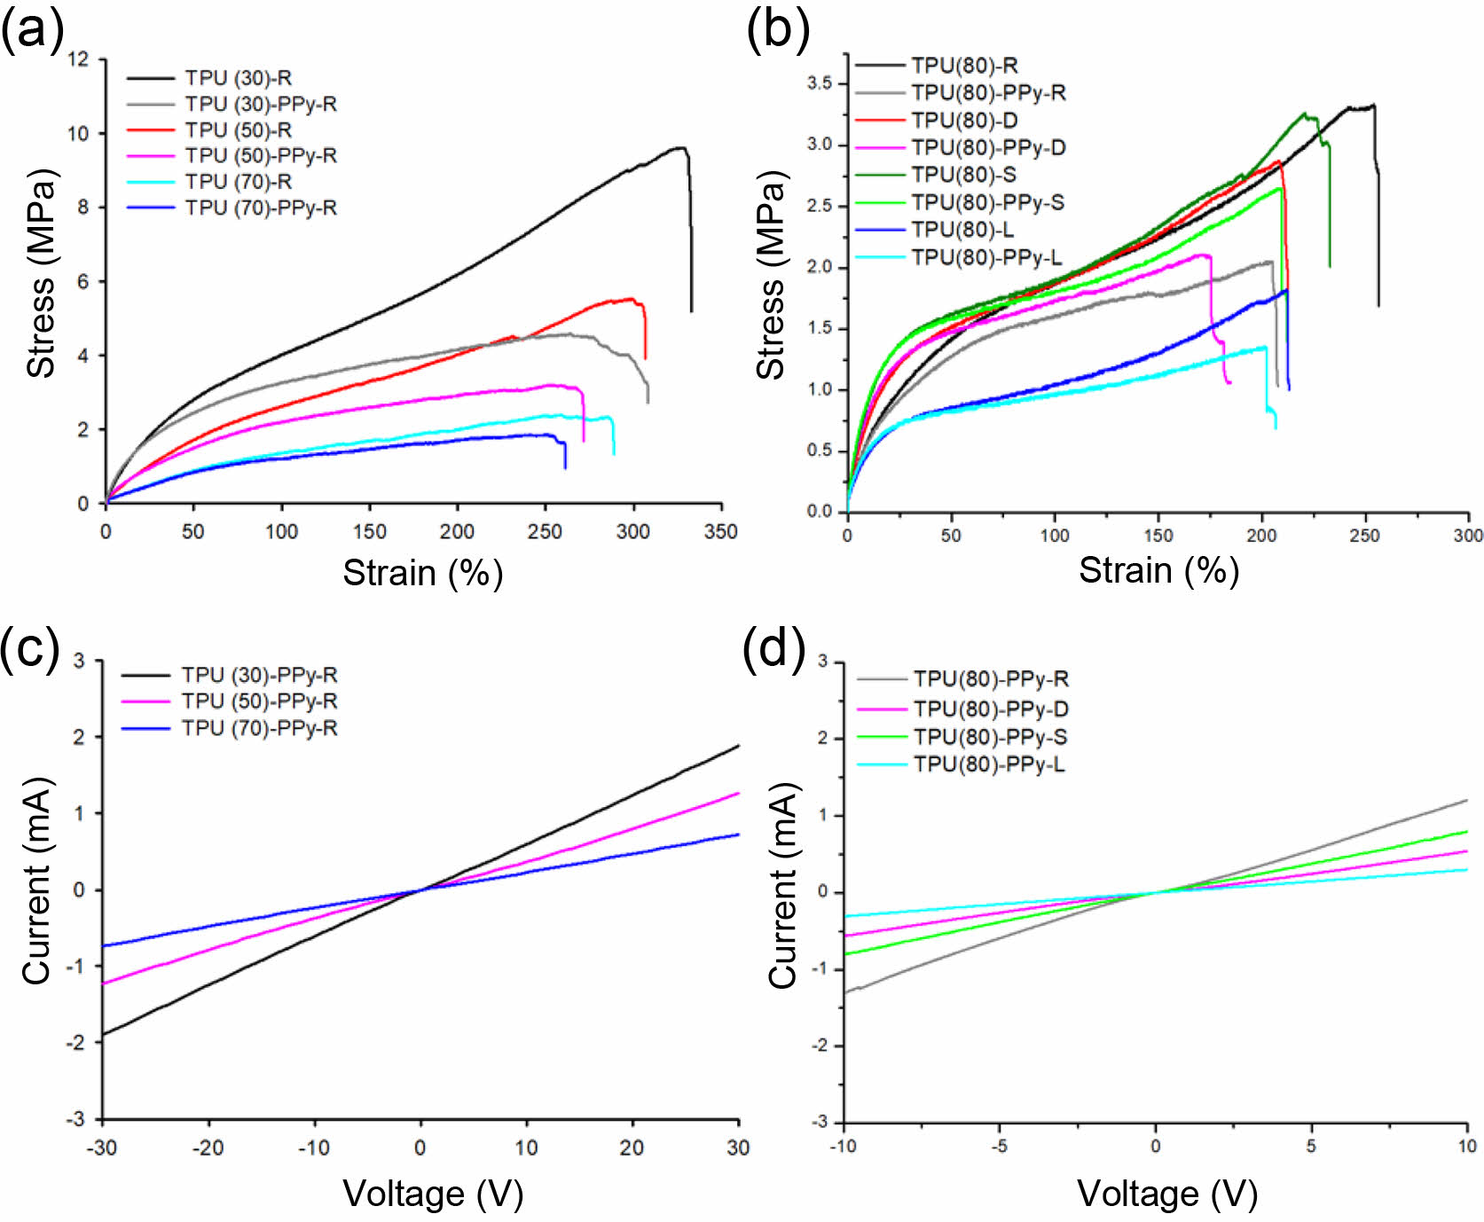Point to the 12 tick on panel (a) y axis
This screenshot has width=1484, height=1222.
(79, 59)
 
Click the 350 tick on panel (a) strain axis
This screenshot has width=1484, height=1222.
(720, 531)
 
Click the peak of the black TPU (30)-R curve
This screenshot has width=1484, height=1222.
(680, 148)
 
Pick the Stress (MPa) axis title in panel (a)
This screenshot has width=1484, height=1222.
(41, 273)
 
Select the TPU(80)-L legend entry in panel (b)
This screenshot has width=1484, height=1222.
(962, 230)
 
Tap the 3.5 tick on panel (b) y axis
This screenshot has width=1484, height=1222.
(819, 83)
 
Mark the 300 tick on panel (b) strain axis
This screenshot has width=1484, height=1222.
(1468, 535)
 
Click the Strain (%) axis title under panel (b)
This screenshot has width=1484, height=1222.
(1158, 570)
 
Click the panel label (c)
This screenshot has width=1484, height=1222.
(31, 648)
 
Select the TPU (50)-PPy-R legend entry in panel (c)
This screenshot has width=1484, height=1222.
(259, 701)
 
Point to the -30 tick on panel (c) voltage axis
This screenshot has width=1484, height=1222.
(102, 1148)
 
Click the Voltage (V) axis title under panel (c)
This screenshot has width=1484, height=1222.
(433, 1194)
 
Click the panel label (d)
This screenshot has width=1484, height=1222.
(774, 648)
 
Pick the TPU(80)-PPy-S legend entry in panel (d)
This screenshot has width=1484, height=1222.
(990, 737)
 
